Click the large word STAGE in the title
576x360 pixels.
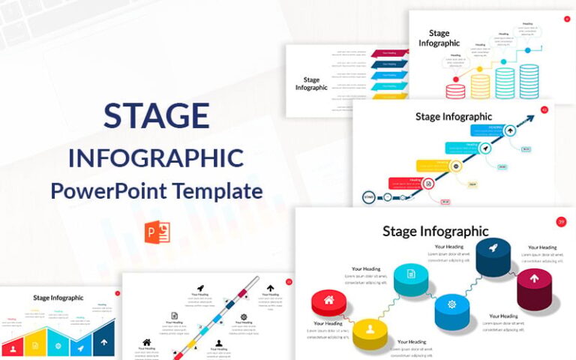tap(156, 116)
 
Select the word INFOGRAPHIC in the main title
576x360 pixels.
tap(156, 158)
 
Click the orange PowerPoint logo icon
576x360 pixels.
tap(158, 232)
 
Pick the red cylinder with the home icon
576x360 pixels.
tap(328, 304)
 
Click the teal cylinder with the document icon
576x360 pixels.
tap(411, 278)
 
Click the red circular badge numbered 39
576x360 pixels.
tap(561, 221)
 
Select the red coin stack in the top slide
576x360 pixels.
tap(455, 91)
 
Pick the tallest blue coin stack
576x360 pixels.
tap(529, 81)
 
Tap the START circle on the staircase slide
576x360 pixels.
tap(369, 197)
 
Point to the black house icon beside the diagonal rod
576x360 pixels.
tap(146, 342)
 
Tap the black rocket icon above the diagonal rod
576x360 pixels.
tap(200, 288)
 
